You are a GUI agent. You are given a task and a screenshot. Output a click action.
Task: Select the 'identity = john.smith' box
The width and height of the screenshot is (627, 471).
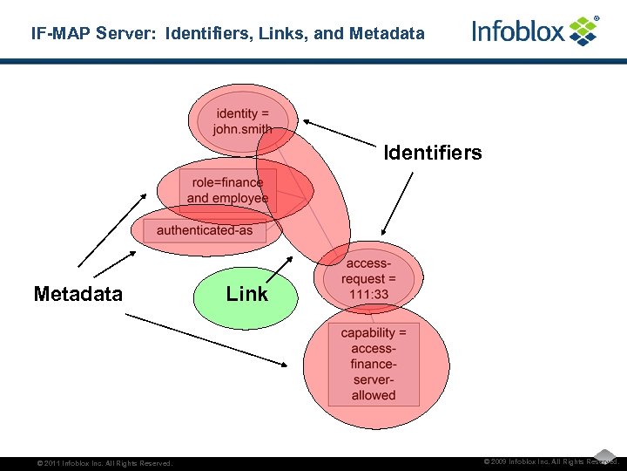coord(242,121)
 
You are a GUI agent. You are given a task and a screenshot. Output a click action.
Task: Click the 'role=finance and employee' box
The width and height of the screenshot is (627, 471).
coord(227,190)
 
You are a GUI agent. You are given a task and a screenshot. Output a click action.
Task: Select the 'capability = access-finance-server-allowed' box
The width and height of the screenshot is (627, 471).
coord(374,364)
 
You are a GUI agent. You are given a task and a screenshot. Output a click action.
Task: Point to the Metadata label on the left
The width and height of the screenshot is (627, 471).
coord(78,294)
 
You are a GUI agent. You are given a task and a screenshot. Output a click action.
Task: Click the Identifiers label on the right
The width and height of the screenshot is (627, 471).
coord(433,154)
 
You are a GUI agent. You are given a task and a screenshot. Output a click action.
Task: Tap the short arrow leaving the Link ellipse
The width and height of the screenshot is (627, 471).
coord(279,269)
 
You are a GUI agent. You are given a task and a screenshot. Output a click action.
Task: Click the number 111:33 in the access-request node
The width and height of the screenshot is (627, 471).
coord(368,295)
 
